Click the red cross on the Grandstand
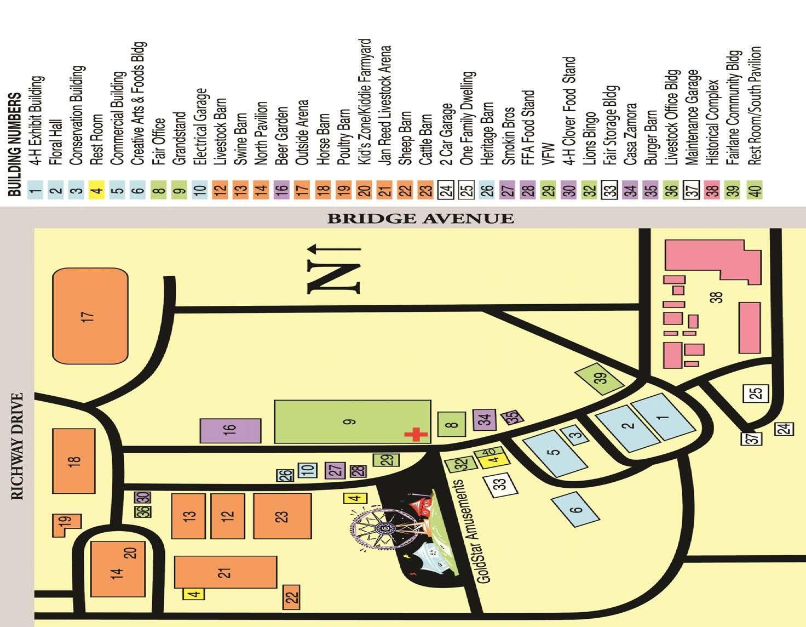click(416, 435)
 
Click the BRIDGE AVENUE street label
click(421, 219)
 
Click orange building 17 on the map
click(90, 316)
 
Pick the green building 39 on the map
click(601, 378)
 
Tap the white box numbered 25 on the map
click(755, 394)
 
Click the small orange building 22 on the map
click(292, 596)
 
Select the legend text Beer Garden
click(281, 132)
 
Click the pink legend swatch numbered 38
click(712, 191)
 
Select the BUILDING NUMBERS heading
click(16, 144)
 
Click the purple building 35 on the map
click(512, 417)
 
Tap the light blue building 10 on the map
click(307, 470)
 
